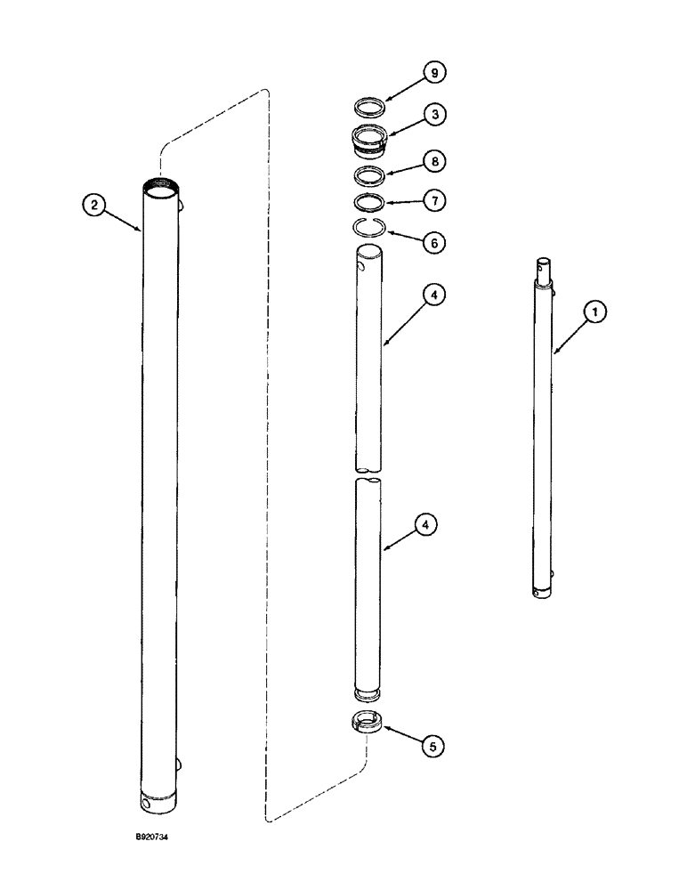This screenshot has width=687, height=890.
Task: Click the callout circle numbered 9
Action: [434, 73]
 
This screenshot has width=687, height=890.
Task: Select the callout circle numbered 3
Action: [434, 115]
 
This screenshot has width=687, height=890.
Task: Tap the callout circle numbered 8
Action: [435, 162]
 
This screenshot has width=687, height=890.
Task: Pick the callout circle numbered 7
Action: [435, 200]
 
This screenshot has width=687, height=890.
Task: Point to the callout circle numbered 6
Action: [435, 242]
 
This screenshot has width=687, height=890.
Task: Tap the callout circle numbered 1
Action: [595, 311]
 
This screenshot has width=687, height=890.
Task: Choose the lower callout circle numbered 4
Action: [426, 526]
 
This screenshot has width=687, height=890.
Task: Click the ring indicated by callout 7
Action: [367, 201]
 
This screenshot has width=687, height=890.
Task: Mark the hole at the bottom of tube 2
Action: [147, 804]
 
